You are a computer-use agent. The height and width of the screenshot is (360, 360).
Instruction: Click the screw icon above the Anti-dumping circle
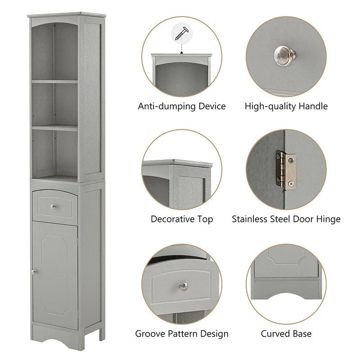click(x=182, y=33)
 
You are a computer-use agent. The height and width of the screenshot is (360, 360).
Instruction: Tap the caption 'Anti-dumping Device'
click(x=182, y=107)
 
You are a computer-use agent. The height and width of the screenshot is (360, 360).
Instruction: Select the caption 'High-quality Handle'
click(x=286, y=107)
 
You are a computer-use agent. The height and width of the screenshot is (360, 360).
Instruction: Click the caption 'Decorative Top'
click(x=182, y=219)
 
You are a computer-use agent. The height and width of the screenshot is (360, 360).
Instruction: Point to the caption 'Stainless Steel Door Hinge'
click(x=286, y=219)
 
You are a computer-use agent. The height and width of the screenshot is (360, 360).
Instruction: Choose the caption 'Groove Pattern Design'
click(x=182, y=334)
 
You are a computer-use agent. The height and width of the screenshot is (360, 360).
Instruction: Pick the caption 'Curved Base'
click(x=286, y=334)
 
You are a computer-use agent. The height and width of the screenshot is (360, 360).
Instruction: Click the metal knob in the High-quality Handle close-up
click(x=284, y=54)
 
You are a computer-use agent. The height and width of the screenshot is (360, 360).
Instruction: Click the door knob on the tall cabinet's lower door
click(x=33, y=271)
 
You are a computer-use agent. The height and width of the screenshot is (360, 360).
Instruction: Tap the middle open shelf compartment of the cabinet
click(x=54, y=104)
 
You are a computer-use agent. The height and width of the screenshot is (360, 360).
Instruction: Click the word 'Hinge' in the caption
click(x=328, y=219)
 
